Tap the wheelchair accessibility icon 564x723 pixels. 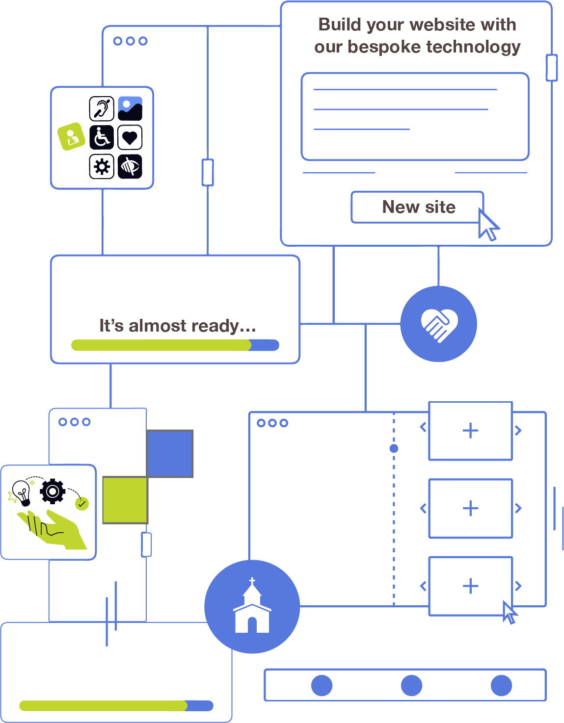point(102,137)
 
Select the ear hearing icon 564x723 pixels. point(102,108)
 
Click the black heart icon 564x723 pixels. point(130,137)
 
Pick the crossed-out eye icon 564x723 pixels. point(130,166)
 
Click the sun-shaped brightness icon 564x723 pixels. point(102,166)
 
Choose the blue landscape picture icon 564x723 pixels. point(130,108)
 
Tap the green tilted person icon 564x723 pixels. point(71,136)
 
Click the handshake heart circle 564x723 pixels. point(439,324)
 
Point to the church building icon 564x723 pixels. point(252,607)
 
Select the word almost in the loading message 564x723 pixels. point(158,326)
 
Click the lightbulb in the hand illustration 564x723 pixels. point(22,492)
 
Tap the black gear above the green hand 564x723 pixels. point(53,491)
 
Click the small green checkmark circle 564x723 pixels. point(82,504)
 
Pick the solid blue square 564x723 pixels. point(170,454)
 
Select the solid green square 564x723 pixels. point(125,500)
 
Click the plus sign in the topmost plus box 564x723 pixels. point(470,431)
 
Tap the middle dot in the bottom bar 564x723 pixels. point(411,685)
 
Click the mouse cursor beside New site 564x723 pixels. point(487,226)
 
